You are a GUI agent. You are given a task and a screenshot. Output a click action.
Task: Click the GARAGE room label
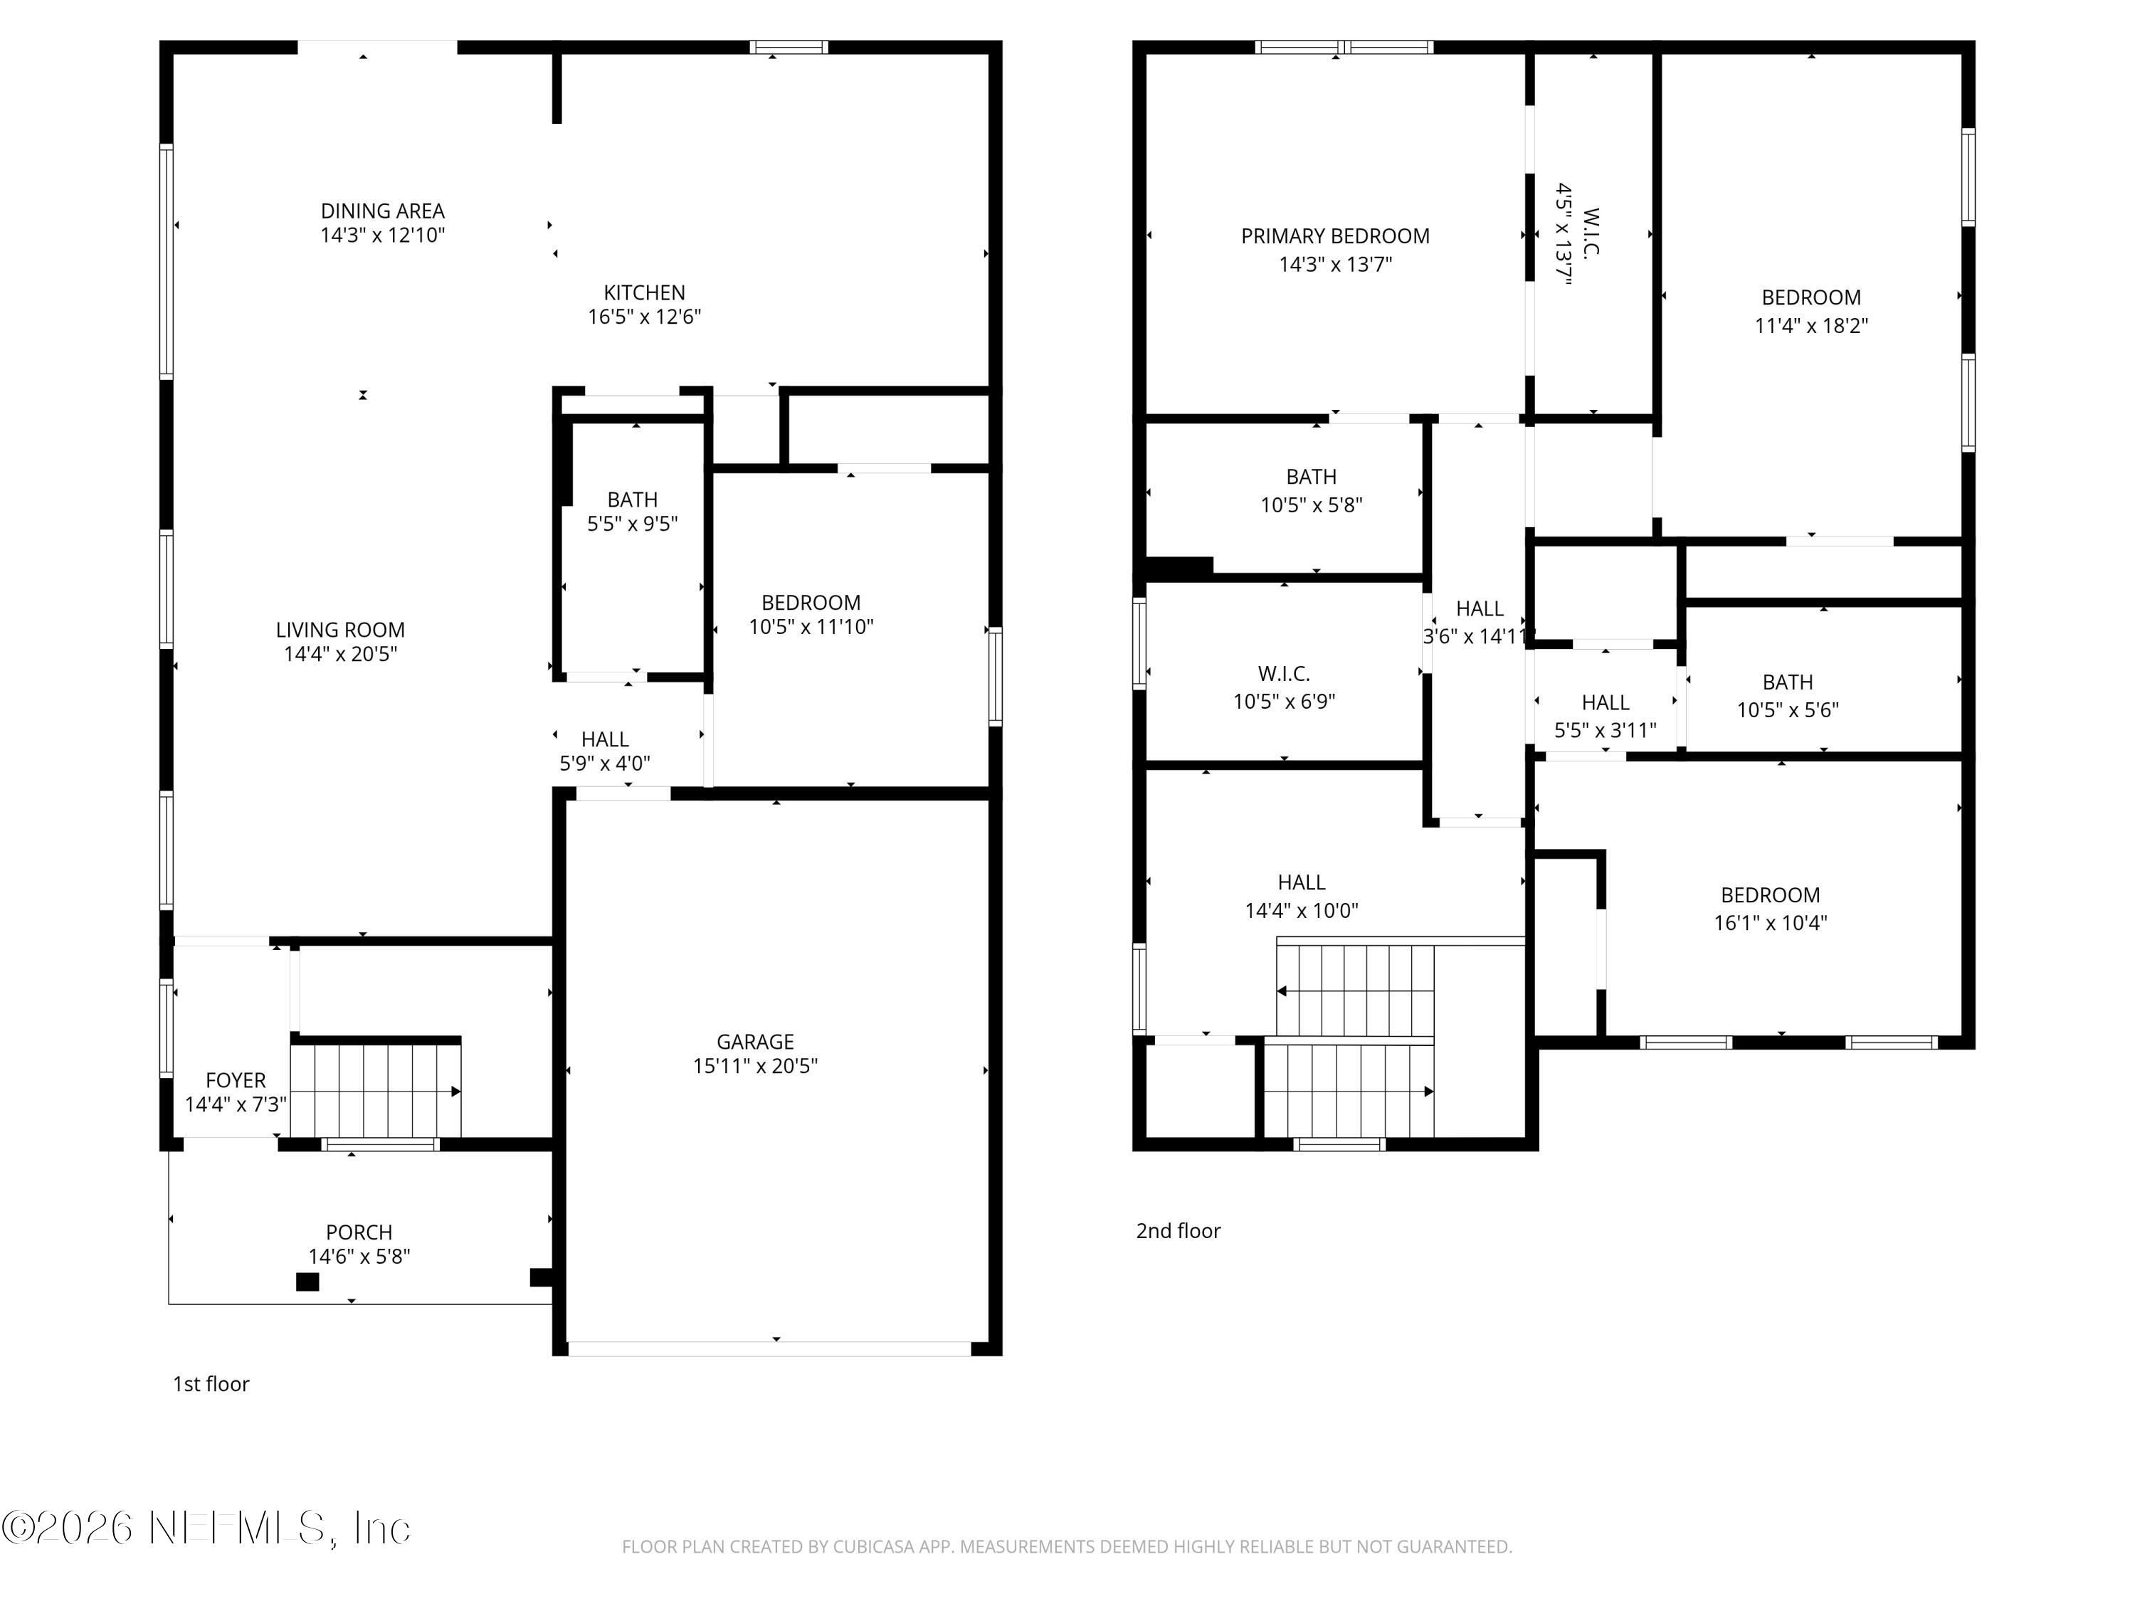click(755, 1042)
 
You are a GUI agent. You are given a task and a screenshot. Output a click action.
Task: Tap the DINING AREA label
click(382, 211)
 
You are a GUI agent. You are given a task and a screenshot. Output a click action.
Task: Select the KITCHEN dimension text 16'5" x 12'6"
click(644, 317)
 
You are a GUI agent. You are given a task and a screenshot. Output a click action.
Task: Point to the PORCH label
click(359, 1232)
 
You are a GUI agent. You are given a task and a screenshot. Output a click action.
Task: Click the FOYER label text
click(236, 1081)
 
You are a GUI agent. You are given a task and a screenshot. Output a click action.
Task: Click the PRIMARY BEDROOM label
click(1335, 236)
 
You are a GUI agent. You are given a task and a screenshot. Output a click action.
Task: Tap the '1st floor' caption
click(211, 1384)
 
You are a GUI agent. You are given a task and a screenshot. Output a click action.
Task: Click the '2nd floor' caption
click(1178, 1230)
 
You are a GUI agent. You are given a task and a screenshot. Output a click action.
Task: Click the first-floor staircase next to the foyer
click(376, 1091)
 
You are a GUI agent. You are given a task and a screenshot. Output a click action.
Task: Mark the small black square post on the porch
click(307, 1282)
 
